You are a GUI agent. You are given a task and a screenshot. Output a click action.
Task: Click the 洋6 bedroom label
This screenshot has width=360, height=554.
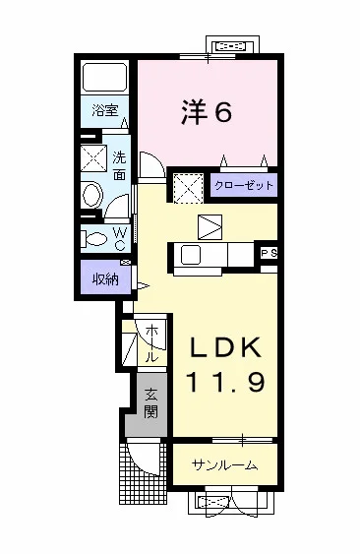coord(208,113)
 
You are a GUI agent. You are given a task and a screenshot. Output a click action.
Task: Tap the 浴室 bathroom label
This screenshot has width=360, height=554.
coord(106,110)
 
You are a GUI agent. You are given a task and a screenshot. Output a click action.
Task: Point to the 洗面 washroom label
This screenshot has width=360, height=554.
coord(119,164)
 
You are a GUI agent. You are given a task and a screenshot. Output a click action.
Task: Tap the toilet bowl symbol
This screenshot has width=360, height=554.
coord(96,238)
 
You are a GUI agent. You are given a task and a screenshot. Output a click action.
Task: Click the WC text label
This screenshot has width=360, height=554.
coord(119,238)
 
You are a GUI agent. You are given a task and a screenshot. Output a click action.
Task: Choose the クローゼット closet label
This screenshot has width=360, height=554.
coord(242,185)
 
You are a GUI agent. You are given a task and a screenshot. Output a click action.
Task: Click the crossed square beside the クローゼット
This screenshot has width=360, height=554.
coord(187,186)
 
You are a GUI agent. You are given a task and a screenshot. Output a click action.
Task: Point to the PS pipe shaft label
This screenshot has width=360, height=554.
coord(269,254)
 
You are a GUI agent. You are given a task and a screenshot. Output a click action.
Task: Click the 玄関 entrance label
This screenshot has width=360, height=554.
coord(152,402)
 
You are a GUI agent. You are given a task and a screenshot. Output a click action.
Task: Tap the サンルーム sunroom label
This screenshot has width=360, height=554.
coord(225,465)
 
